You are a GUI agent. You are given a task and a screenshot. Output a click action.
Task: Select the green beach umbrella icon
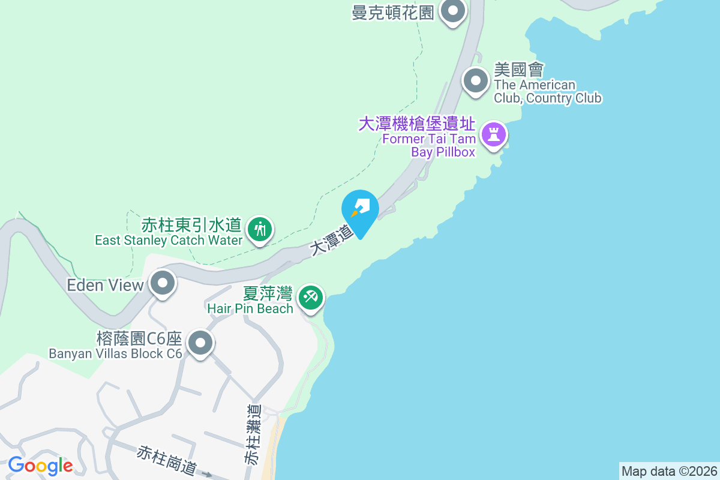(x=311, y=297)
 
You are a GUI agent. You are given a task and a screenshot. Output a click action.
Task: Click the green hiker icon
(x=260, y=229)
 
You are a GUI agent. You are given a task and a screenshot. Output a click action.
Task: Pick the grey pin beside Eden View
(x=163, y=283)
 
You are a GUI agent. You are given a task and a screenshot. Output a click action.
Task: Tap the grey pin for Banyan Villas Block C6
(x=200, y=344)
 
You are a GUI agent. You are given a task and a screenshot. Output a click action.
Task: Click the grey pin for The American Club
(x=476, y=80)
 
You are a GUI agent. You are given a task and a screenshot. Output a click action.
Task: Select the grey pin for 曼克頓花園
(x=453, y=11)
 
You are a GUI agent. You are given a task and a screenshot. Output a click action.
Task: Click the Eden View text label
(x=105, y=285)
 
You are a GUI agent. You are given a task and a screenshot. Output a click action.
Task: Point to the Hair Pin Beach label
(x=250, y=309)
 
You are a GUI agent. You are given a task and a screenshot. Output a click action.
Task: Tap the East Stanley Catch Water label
(x=169, y=240)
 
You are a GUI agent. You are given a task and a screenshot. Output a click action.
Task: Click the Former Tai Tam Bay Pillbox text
(x=429, y=146)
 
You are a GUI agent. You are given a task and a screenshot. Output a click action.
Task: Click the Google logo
(x=40, y=466)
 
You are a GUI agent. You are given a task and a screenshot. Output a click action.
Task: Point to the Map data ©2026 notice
(x=668, y=471)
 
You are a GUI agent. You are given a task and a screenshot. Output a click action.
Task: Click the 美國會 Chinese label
(x=518, y=70)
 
